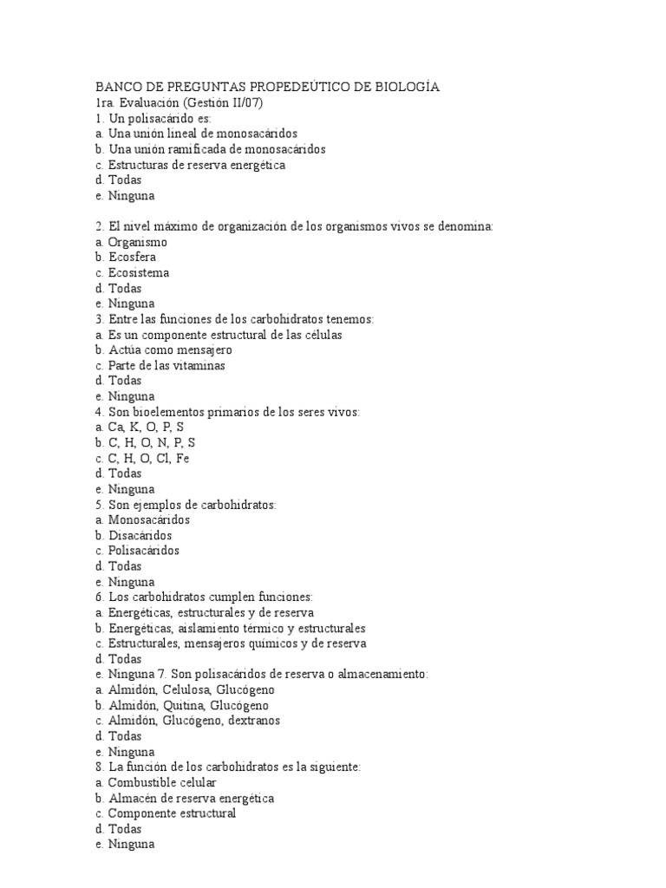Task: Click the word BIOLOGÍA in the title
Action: click(x=408, y=88)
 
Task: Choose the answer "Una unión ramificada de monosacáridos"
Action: click(x=205, y=149)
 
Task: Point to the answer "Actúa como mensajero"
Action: click(x=170, y=350)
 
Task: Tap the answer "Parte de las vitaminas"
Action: click(x=166, y=366)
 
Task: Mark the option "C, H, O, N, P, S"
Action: click(x=152, y=443)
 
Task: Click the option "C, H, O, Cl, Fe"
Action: click(x=148, y=458)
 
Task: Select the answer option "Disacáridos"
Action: click(x=140, y=535)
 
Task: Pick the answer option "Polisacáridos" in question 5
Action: click(x=144, y=551)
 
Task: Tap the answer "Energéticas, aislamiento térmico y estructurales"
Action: click(x=237, y=628)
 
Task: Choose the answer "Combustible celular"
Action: click(x=162, y=782)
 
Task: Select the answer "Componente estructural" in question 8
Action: click(x=172, y=813)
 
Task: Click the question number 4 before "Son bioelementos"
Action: click(x=99, y=412)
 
